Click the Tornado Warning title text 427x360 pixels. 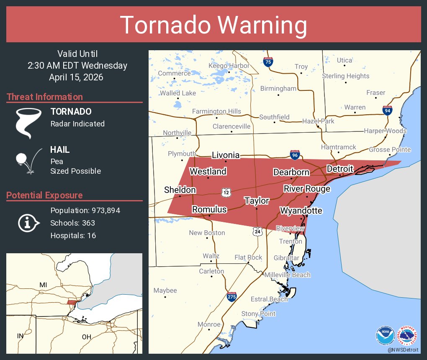pos(213,25)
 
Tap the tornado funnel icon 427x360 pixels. pos(28,123)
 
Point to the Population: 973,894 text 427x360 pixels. pos(85,210)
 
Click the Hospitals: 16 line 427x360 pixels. pos(73,235)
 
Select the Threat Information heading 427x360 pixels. pos(45,97)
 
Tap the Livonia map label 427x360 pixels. pos(226,155)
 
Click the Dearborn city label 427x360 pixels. pos(291,172)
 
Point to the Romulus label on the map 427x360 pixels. pos(209,209)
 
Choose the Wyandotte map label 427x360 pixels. pos(301,210)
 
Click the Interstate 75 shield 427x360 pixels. pos(268,62)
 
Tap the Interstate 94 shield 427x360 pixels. pos(387,111)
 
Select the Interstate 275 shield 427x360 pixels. pos(232,297)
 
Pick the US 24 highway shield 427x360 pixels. pos(257,231)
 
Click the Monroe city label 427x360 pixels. pos(208,324)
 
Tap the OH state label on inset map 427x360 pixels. pos(86,336)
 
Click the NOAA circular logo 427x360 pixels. pos(385,335)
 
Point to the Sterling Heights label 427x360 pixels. pos(346,76)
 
